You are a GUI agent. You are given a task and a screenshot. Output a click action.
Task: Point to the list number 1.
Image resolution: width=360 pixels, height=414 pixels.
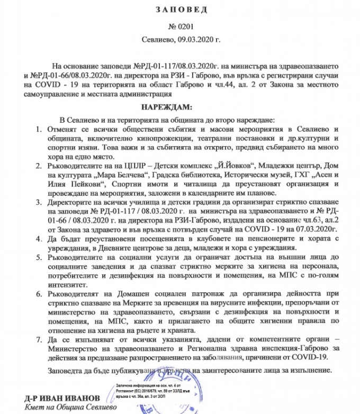pyautogui.click(x=38, y=130)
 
